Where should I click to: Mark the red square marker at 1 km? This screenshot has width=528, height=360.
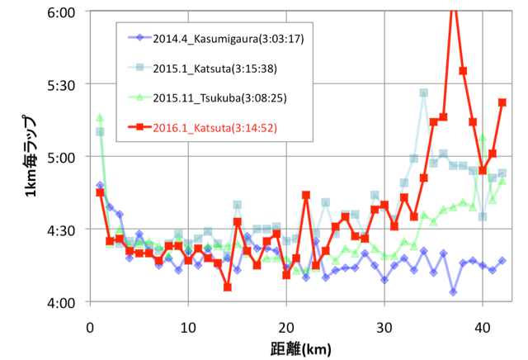coord(100,192)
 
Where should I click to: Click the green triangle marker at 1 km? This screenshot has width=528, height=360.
coord(100,117)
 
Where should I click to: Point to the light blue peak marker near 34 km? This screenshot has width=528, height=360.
coord(423,93)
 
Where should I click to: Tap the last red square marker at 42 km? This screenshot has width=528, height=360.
coord(502,102)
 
